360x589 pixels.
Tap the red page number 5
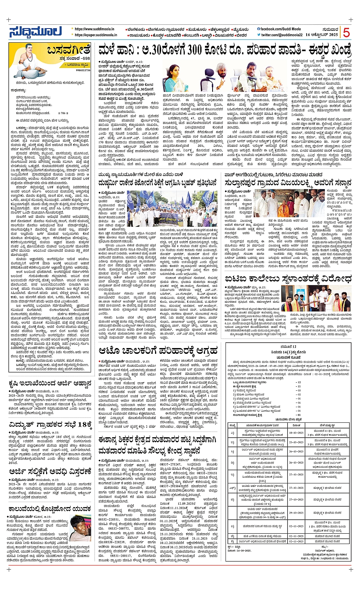346,32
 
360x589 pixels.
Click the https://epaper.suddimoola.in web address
96,35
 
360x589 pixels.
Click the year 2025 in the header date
332,35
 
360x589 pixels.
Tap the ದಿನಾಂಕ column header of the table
294,424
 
